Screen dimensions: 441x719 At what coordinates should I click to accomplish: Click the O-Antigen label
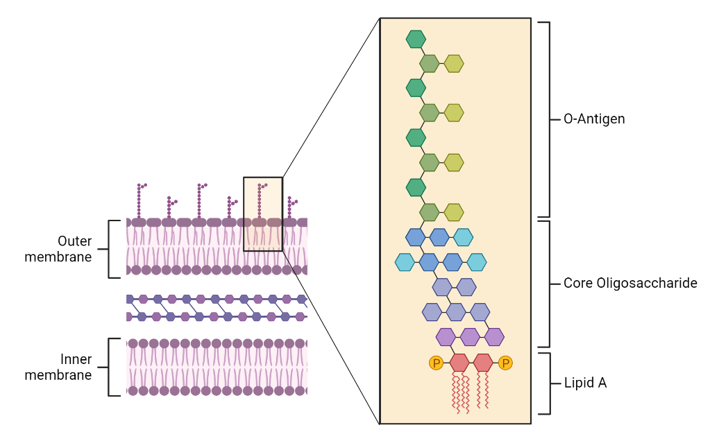coord(593,119)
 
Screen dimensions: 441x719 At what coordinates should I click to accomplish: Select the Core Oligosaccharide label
coord(629,284)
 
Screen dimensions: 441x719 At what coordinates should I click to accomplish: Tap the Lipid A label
coord(585,383)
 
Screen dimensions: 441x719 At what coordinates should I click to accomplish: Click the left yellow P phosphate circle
coord(436,363)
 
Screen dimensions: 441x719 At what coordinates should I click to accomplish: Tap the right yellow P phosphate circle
coord(505,363)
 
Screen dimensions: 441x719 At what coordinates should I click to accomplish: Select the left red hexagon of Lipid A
coord(459,363)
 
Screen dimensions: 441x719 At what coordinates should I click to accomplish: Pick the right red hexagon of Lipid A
coord(483,363)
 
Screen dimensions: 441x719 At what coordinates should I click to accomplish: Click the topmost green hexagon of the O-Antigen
coord(416,39)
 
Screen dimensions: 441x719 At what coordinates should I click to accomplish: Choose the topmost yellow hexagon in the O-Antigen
coord(454,63)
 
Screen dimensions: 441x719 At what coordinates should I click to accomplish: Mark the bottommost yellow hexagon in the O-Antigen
coord(454,211)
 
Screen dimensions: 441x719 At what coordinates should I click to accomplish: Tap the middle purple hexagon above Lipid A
coord(470,337)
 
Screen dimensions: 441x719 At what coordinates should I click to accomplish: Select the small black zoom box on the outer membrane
coord(263,214)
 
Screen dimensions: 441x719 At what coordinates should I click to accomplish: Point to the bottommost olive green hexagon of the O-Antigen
coord(430,211)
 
